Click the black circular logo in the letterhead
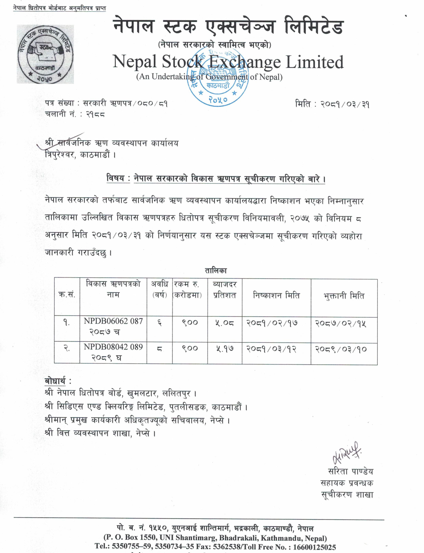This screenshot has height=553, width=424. [46, 54]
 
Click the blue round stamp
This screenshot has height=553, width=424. [218, 77]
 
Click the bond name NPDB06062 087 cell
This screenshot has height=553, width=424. [113, 321]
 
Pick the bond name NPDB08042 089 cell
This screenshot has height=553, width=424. [113, 347]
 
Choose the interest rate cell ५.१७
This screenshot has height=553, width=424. [224, 349]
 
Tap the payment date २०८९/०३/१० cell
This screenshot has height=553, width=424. [341, 349]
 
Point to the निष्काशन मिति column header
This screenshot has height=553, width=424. [276, 295]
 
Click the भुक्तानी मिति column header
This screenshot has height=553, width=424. [344, 296]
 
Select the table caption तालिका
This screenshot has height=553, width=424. [216, 271]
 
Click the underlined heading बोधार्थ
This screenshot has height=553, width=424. [55, 381]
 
